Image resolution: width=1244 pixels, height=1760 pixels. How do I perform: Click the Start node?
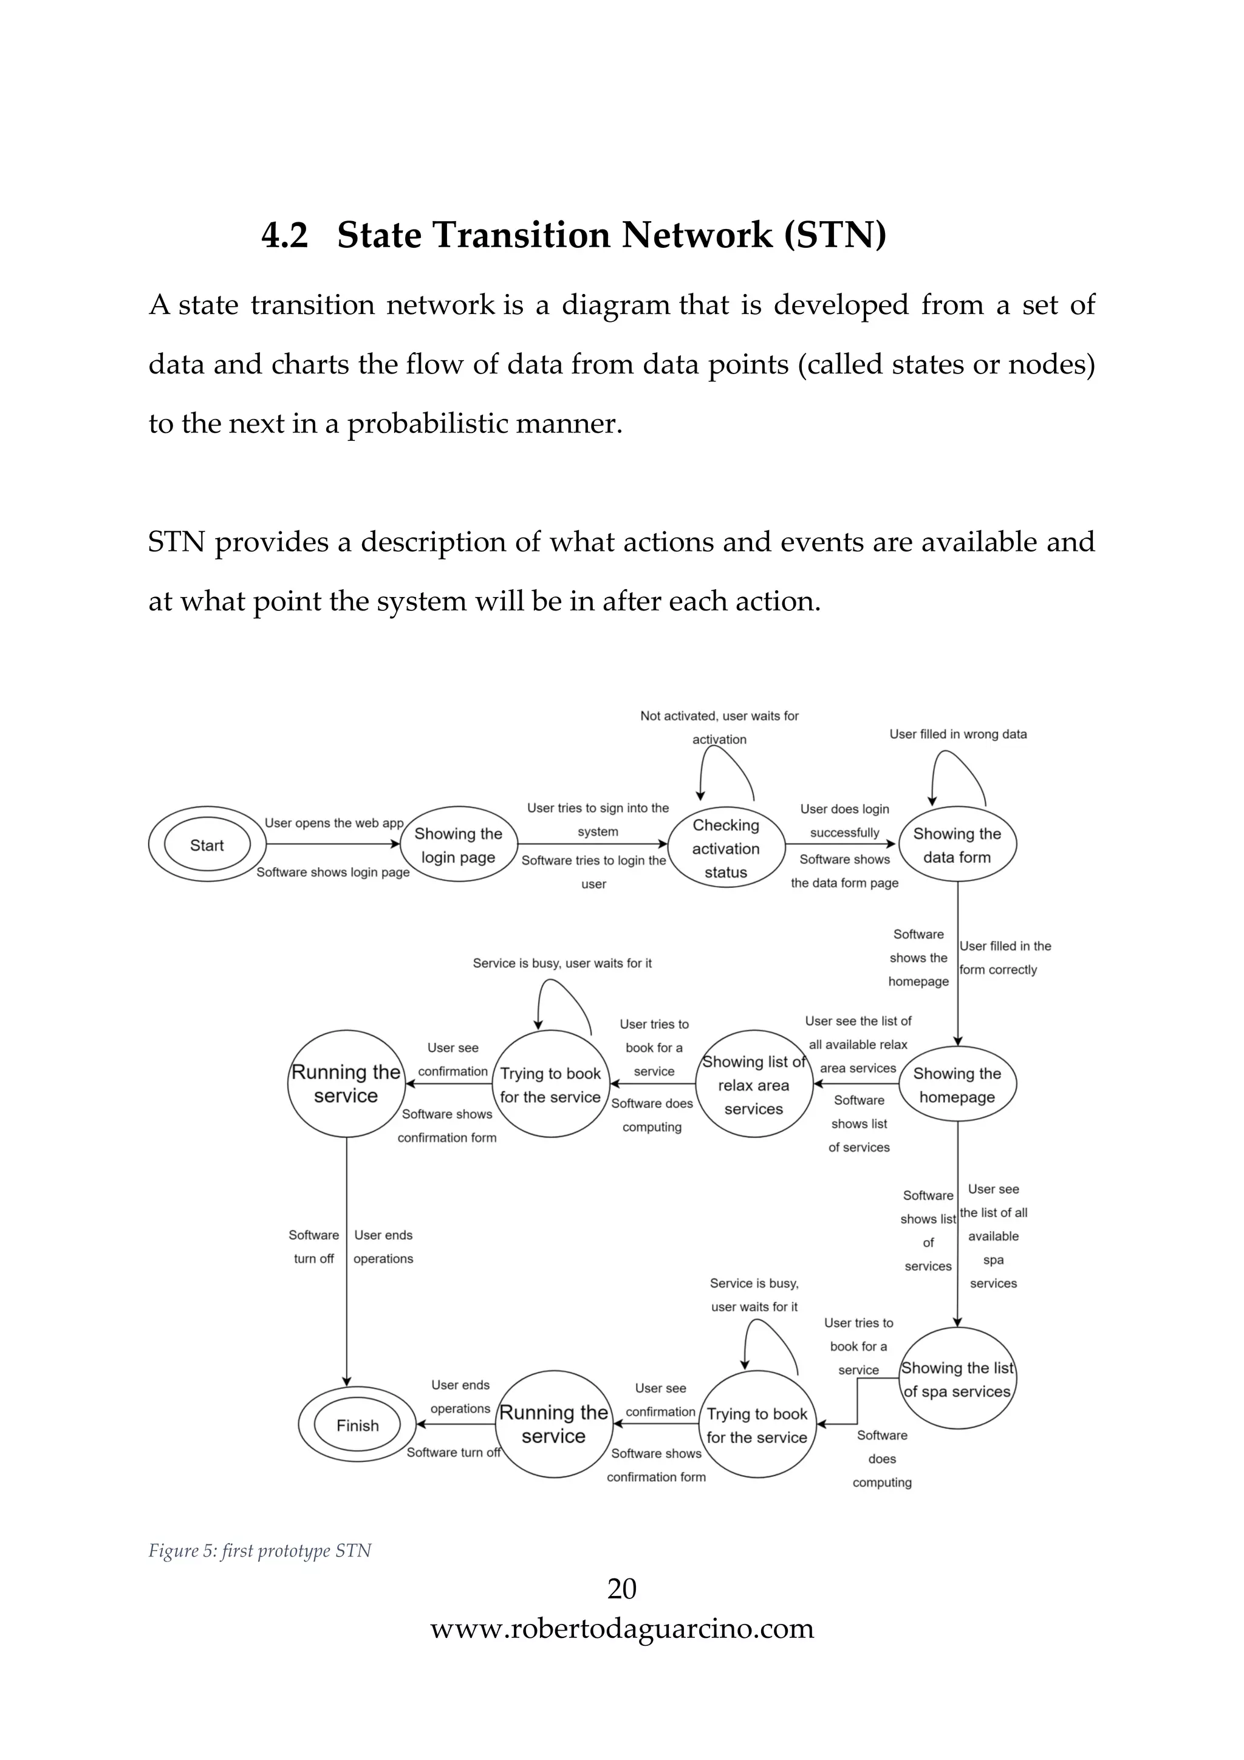click(207, 845)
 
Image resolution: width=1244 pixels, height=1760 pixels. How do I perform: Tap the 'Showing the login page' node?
click(459, 845)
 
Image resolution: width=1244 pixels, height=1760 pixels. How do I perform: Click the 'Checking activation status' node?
click(726, 848)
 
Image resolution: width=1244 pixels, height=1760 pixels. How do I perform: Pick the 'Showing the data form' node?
click(957, 845)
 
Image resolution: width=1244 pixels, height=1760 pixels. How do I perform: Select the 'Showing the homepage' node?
click(957, 1085)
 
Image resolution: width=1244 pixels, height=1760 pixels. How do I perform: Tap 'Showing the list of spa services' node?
click(957, 1379)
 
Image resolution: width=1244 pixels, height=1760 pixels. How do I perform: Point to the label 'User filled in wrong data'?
click(957, 734)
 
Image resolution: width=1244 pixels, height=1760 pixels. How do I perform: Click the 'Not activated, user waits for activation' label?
click(719, 727)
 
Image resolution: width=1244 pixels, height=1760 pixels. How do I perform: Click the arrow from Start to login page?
click(333, 844)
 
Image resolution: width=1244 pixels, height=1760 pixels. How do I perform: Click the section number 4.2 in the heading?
click(284, 234)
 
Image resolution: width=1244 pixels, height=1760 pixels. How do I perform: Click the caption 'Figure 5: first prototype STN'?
click(259, 1550)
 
